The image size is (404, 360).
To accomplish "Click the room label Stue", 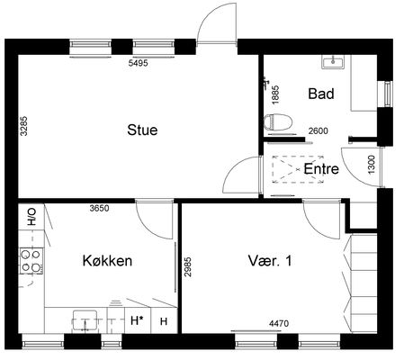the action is pos(142,130).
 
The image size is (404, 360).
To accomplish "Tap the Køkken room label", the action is pos(107,261).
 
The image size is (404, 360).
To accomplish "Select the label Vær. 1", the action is pos(270,261).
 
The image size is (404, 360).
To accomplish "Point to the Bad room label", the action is pos(321,94).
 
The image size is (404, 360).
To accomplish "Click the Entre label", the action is pos(321,168).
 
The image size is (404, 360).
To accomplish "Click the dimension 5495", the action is pos(138,63).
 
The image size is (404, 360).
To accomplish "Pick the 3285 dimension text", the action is pos(23,126).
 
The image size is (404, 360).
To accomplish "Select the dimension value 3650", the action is pos(99,208).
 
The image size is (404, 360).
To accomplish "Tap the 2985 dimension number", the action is pos(188,266).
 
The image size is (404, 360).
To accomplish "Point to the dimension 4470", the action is pos(279,323).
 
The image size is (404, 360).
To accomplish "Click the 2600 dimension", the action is pos(319,130).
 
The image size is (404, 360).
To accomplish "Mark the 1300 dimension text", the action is pos(372,165).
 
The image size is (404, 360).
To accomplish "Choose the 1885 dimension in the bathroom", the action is pos(275,94).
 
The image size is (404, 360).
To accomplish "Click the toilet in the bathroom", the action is pos(278,122).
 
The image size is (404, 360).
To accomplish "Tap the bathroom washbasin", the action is pos(333,62).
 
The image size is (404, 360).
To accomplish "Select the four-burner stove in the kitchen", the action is pos(31,260).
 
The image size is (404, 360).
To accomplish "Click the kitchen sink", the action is pos(85,321).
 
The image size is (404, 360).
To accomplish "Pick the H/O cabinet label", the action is pos(31,217).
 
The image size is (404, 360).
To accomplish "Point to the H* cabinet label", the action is pos(137,320).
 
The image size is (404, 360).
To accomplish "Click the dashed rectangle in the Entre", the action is pos(298,169).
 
